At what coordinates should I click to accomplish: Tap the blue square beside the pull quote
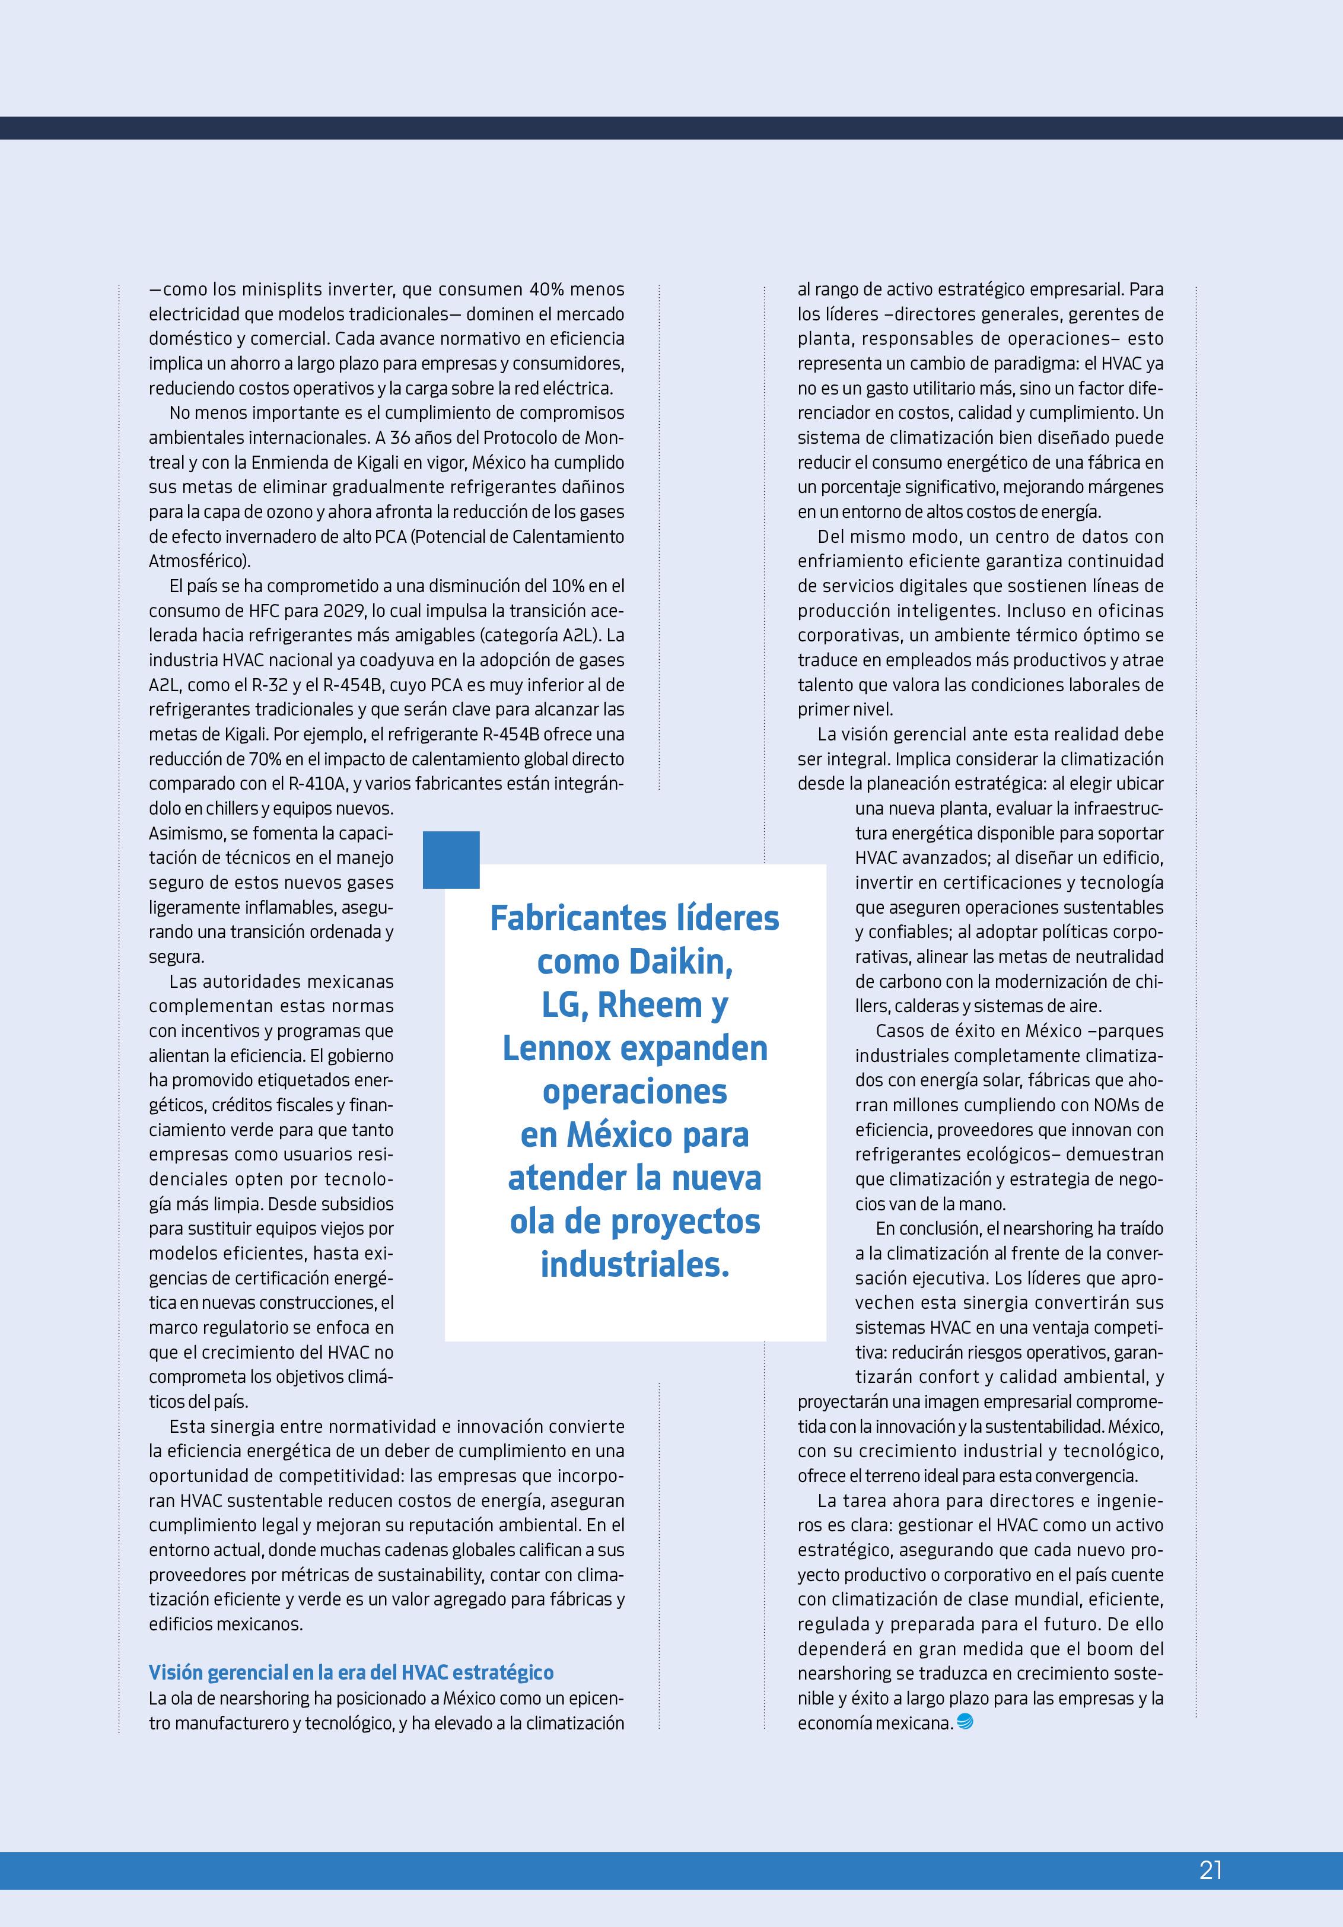pos(451,860)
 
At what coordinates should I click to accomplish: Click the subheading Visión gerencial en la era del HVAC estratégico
pos(351,1672)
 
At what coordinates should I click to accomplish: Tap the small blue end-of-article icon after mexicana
pos(965,1723)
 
